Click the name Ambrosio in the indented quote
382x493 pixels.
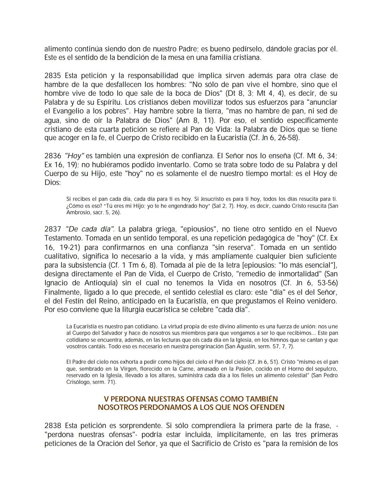[78, 212]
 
